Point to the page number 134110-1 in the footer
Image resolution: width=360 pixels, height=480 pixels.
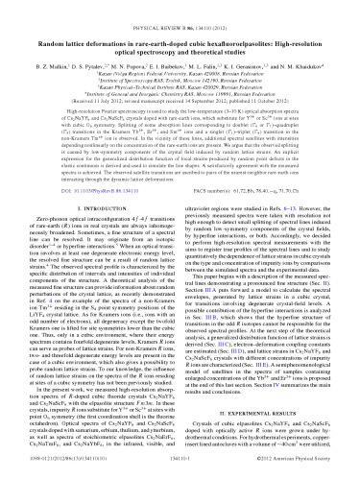pyautogui.click(x=180, y=468)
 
